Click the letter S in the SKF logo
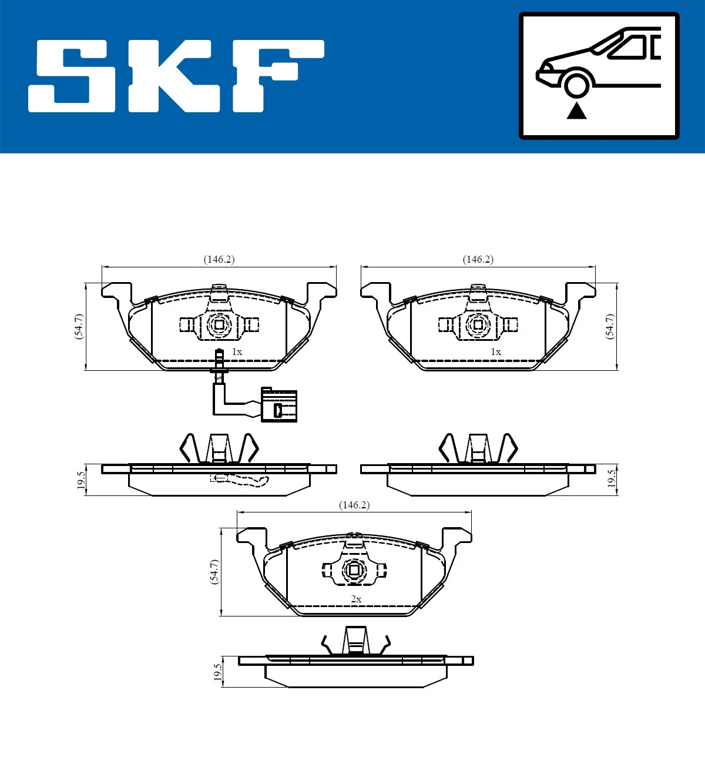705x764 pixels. click(x=73, y=76)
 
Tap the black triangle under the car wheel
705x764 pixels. click(x=576, y=110)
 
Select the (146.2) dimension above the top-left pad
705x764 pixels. click(x=219, y=259)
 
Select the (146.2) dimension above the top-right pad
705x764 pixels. click(x=478, y=259)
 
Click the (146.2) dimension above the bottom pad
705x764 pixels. click(x=354, y=505)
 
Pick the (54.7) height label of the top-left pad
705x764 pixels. click(x=79, y=326)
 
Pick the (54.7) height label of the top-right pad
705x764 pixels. click(x=610, y=326)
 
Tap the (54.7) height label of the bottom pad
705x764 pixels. click(x=214, y=571)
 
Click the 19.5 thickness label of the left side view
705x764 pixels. click(x=81, y=479)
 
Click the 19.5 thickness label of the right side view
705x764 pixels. click(x=612, y=479)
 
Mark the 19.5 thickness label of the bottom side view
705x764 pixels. click(x=217, y=672)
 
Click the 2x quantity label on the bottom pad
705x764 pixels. click(x=356, y=599)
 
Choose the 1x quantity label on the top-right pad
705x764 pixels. click(x=496, y=351)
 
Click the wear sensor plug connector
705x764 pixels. click(x=279, y=406)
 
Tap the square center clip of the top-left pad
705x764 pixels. click(x=219, y=324)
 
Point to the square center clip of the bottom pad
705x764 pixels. click(x=354, y=570)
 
